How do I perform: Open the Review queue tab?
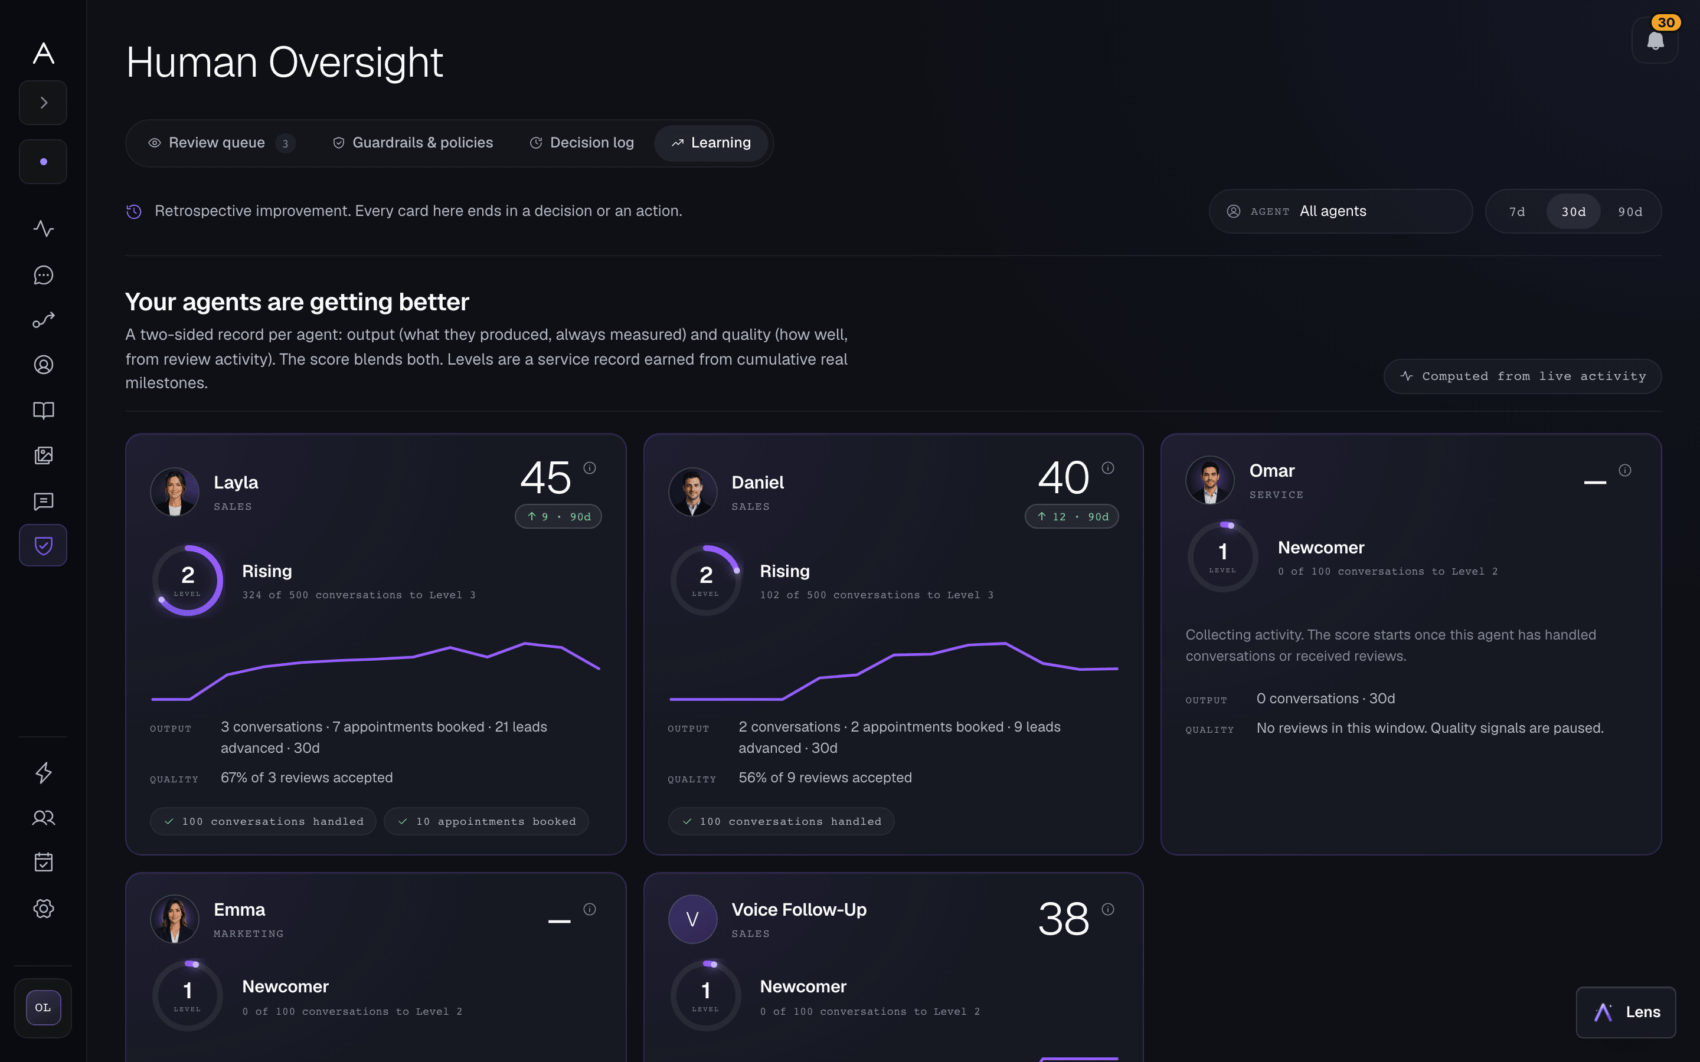tap(221, 143)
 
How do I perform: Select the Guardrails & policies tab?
tap(413, 143)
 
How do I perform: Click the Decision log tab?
tap(581, 143)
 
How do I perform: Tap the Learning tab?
tap(711, 143)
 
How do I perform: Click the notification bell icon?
tap(1655, 40)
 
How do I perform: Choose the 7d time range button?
tap(1516, 211)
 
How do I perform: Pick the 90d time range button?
tap(1630, 211)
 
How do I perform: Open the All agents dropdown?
tap(1341, 211)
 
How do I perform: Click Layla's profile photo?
tap(175, 491)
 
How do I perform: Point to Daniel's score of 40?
tap(1064, 478)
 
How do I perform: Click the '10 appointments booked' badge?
tap(486, 821)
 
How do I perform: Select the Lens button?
tap(1626, 1012)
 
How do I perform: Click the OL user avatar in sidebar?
tap(43, 1008)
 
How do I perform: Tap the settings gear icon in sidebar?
tap(44, 908)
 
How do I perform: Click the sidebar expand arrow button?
tap(44, 103)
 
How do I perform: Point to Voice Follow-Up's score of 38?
tap(1064, 919)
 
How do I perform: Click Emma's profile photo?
tap(175, 919)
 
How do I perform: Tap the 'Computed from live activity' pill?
tap(1522, 376)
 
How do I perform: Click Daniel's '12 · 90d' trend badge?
tap(1072, 516)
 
